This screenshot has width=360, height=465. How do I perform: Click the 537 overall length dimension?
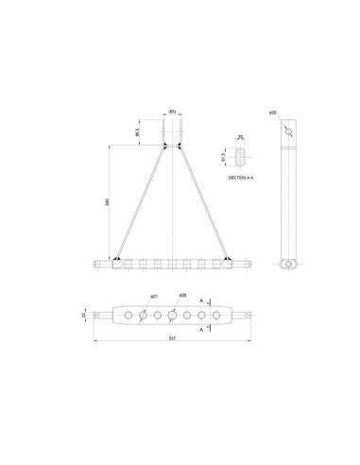pos(170,338)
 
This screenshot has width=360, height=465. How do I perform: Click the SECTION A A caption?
pos(244,177)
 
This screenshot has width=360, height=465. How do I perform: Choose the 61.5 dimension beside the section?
pos(222,156)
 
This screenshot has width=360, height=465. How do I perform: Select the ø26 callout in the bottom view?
pos(183,295)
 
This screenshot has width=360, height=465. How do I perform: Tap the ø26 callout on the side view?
pos(272,112)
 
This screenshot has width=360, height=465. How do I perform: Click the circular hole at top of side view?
pos(288,132)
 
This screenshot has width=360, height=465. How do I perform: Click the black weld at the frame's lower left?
pos(116,260)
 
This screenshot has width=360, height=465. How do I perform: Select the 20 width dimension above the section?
pos(240,138)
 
